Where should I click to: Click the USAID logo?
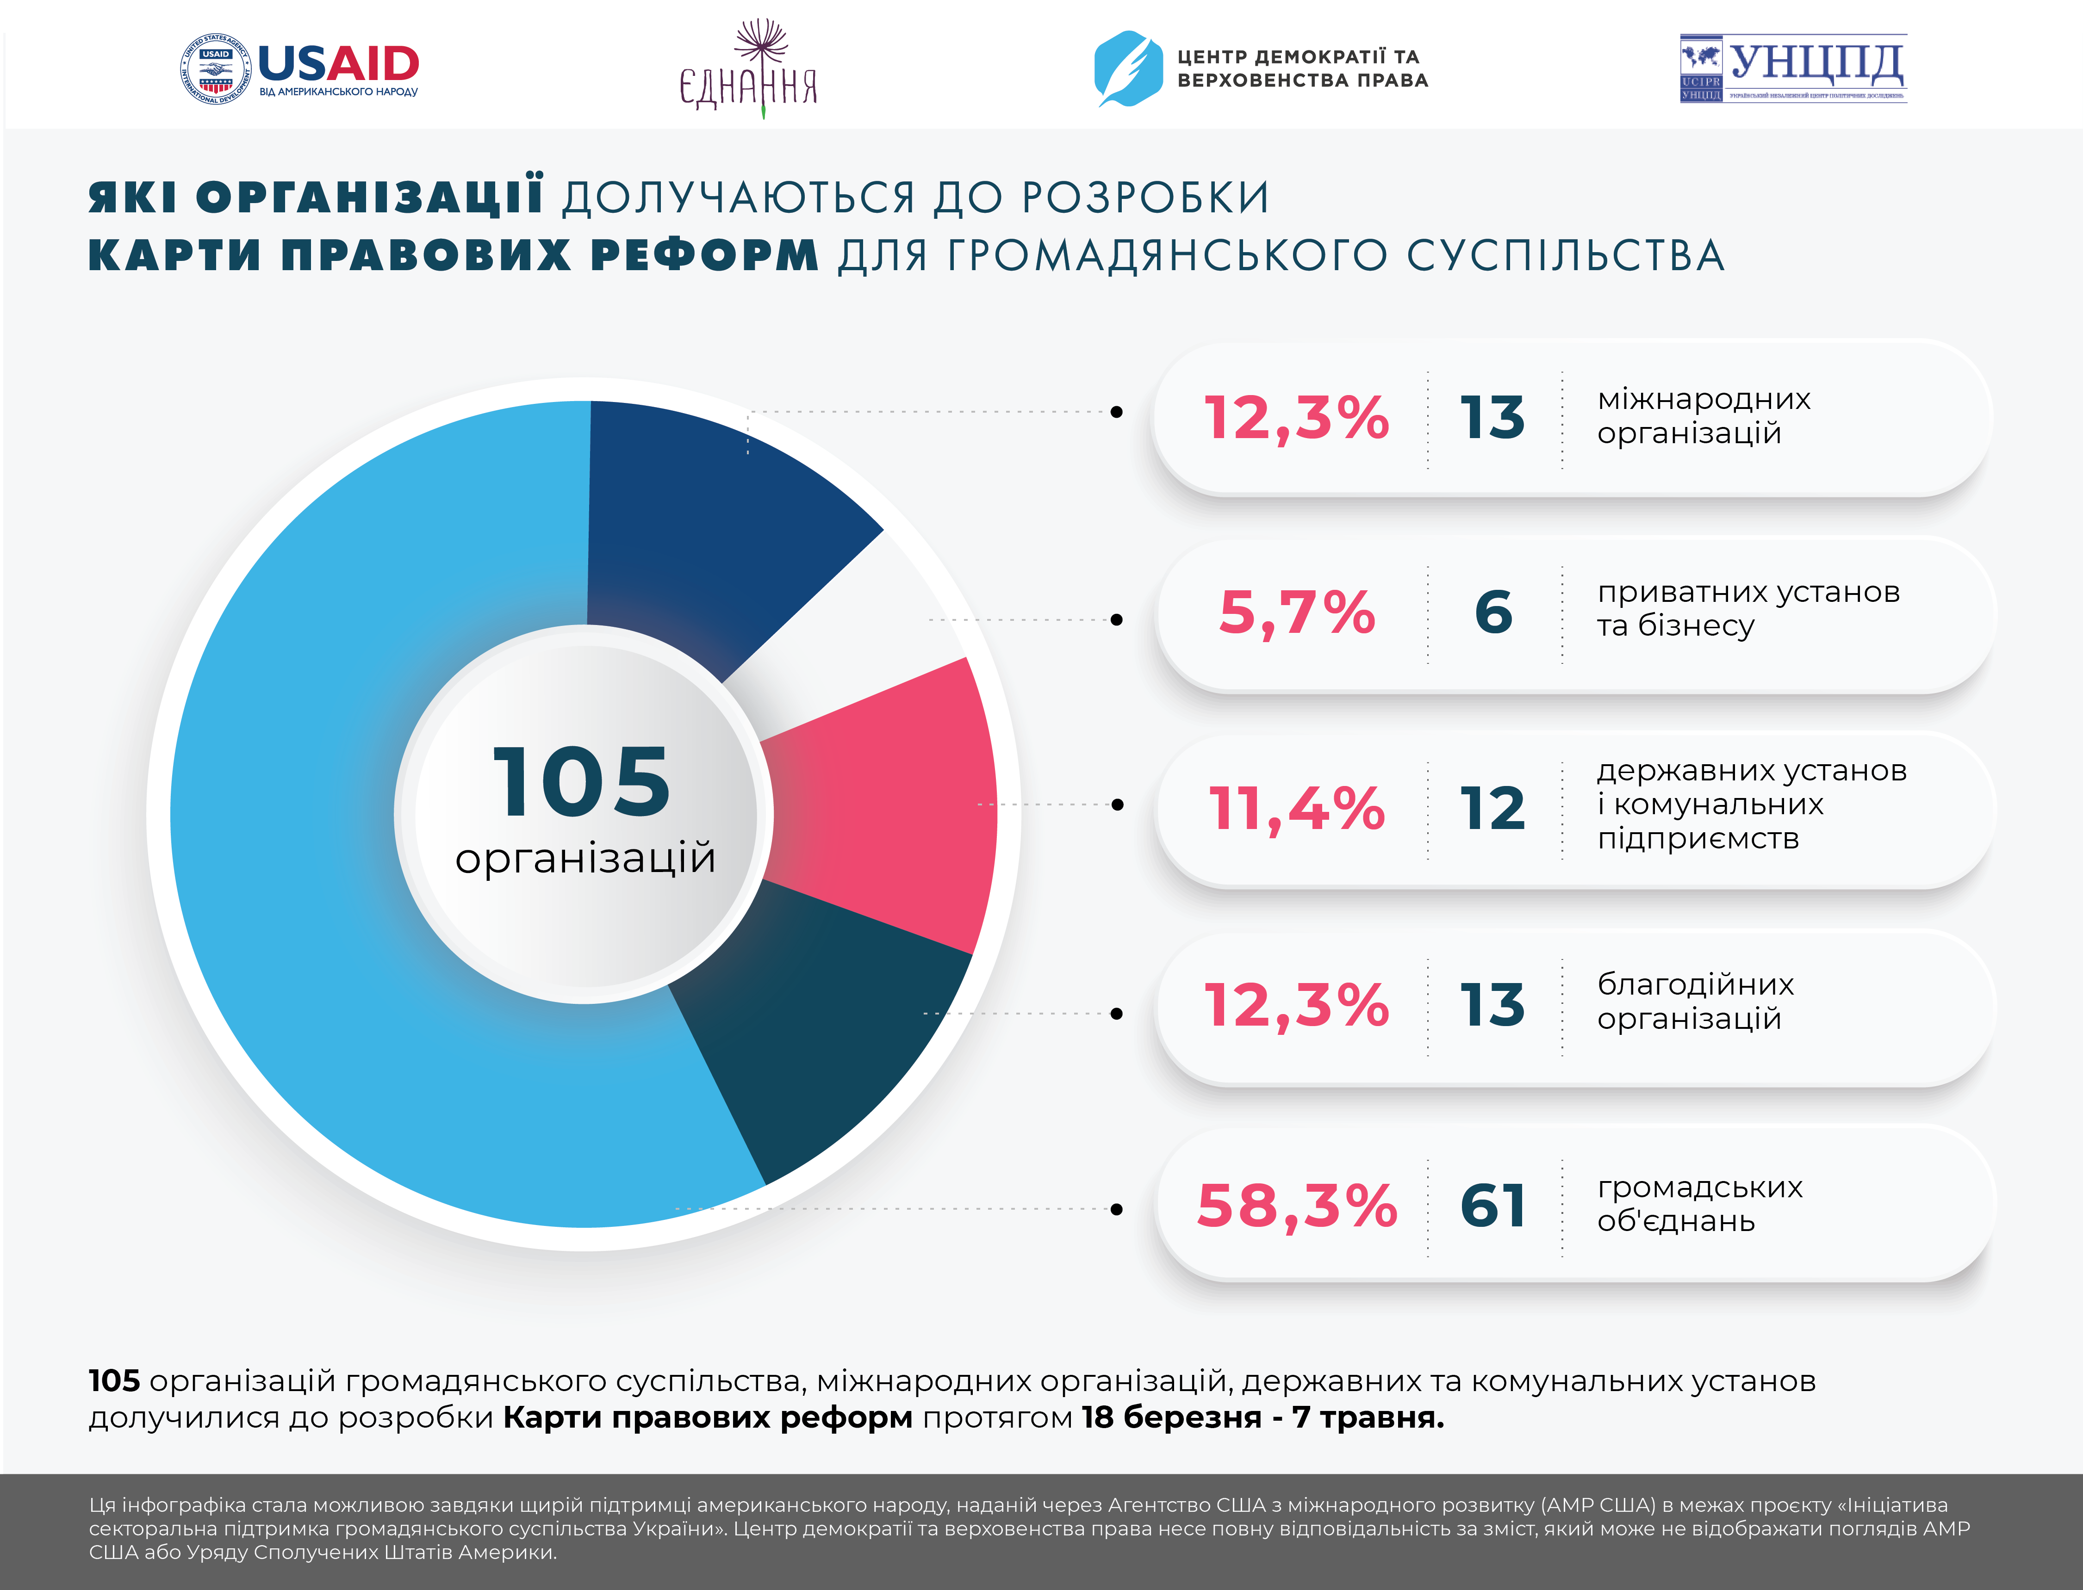click(299, 69)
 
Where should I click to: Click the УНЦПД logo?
click(1792, 68)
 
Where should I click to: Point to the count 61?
click(1493, 1206)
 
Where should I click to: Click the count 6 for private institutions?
click(1493, 612)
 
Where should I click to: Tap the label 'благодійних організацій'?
click(1695, 1001)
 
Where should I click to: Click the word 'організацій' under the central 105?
click(585, 859)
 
